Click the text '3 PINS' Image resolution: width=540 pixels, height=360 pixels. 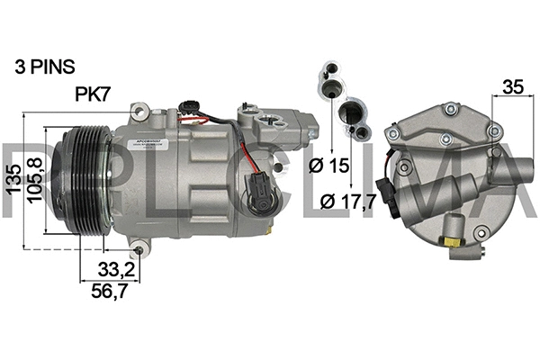[x=45, y=67]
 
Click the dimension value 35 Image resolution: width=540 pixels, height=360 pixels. [x=513, y=87]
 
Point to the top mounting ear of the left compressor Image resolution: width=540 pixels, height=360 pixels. [x=139, y=112]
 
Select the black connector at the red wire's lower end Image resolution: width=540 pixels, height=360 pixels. [x=257, y=193]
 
